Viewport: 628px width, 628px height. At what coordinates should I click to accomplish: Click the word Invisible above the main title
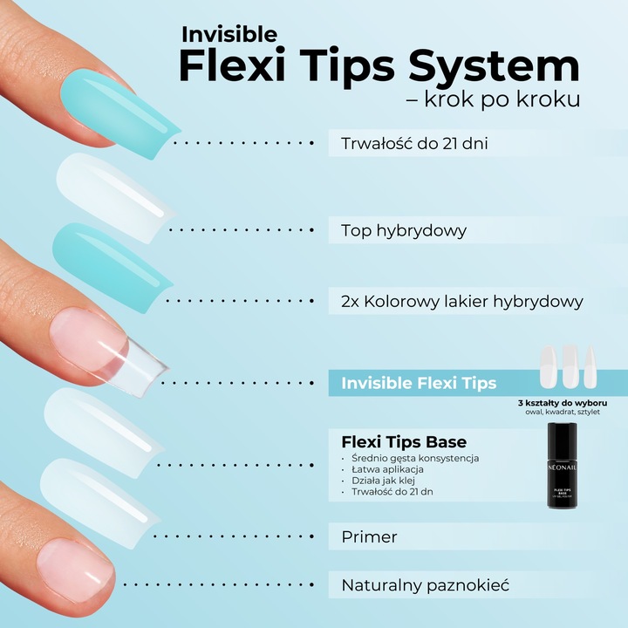tap(229, 35)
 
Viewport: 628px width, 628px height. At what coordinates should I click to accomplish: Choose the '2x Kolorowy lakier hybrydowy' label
tap(461, 302)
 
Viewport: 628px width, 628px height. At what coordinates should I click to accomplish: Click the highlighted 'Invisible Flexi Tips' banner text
tap(419, 383)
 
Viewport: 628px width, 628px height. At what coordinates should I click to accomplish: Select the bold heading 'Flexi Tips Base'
tap(403, 441)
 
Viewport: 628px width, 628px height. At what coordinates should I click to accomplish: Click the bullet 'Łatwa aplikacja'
tap(386, 469)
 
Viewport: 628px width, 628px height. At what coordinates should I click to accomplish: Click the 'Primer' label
tap(369, 537)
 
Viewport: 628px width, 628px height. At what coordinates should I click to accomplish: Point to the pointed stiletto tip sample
tap(592, 365)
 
